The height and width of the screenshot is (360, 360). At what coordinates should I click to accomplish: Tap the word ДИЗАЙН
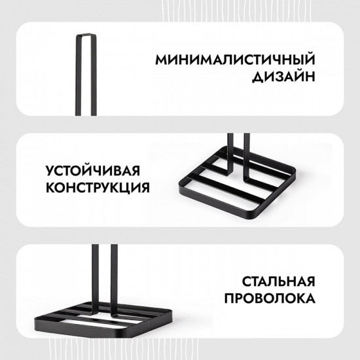click(279, 78)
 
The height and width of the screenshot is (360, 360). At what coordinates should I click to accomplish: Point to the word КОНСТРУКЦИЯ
click(97, 189)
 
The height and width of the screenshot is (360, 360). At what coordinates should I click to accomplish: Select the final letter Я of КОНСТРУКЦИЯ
click(143, 189)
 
